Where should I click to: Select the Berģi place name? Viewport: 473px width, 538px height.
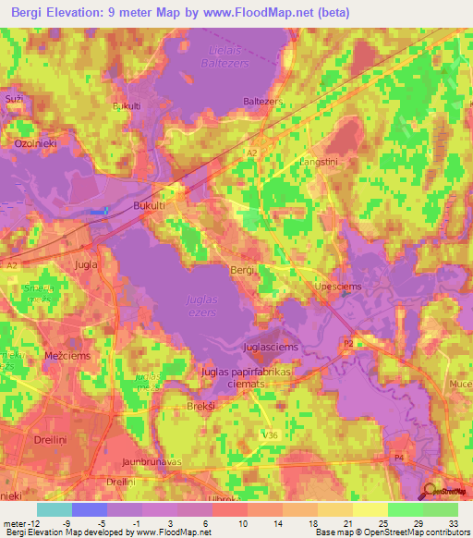[x=242, y=269]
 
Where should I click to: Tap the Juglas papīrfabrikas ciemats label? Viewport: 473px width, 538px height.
[x=240, y=377]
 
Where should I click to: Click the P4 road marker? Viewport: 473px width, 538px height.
[x=399, y=457]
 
